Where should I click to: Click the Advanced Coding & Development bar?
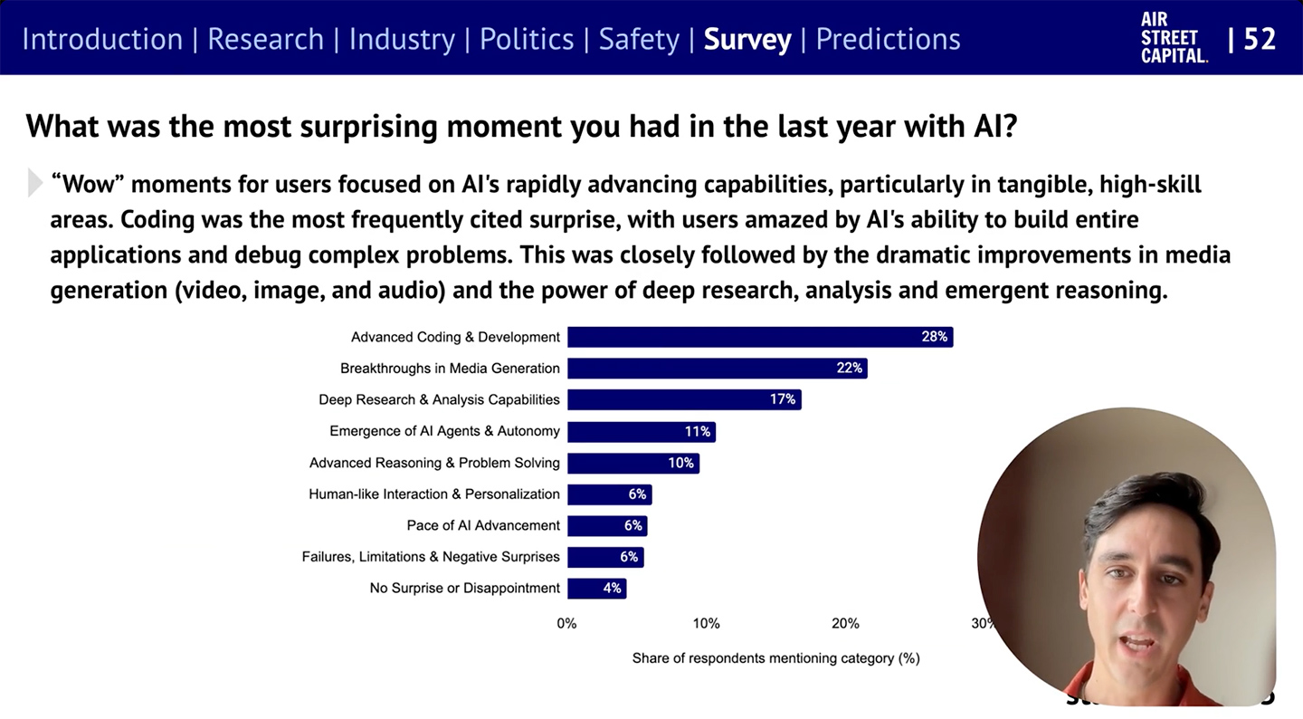click(759, 337)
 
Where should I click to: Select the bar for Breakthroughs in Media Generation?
click(717, 369)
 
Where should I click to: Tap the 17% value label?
click(783, 399)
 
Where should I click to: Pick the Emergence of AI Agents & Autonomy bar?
click(641, 432)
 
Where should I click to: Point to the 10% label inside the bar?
click(680, 463)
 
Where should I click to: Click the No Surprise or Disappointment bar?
click(596, 589)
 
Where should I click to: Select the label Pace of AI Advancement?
click(483, 525)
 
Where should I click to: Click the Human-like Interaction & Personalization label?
click(434, 494)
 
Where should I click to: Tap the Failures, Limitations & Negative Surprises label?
click(431, 557)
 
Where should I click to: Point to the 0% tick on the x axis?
click(566, 623)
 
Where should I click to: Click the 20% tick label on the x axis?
click(845, 623)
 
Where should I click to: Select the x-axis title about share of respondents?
click(775, 658)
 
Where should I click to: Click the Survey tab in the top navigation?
click(747, 39)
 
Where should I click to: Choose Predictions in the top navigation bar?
click(888, 39)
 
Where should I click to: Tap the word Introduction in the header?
click(102, 39)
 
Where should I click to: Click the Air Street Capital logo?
click(1174, 38)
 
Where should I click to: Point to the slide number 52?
click(1260, 39)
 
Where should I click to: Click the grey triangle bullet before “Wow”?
click(35, 183)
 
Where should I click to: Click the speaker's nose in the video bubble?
click(1142, 613)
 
